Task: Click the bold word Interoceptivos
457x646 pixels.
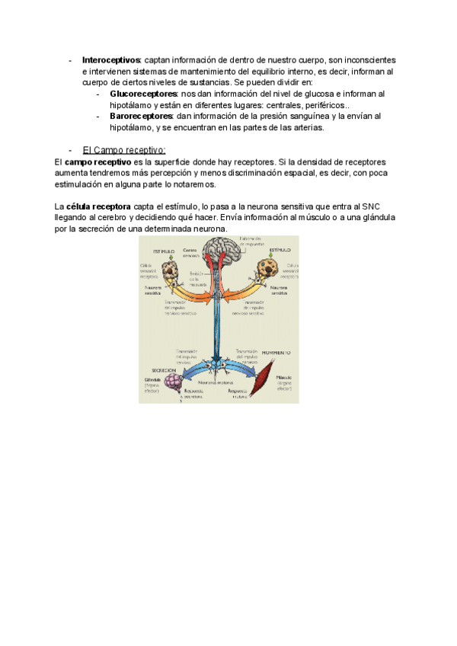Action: [x=111, y=60]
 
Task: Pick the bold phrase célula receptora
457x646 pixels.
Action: [x=99, y=206]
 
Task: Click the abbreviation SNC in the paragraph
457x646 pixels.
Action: [x=370, y=206]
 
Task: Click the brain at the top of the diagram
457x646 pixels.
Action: [x=218, y=252]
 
